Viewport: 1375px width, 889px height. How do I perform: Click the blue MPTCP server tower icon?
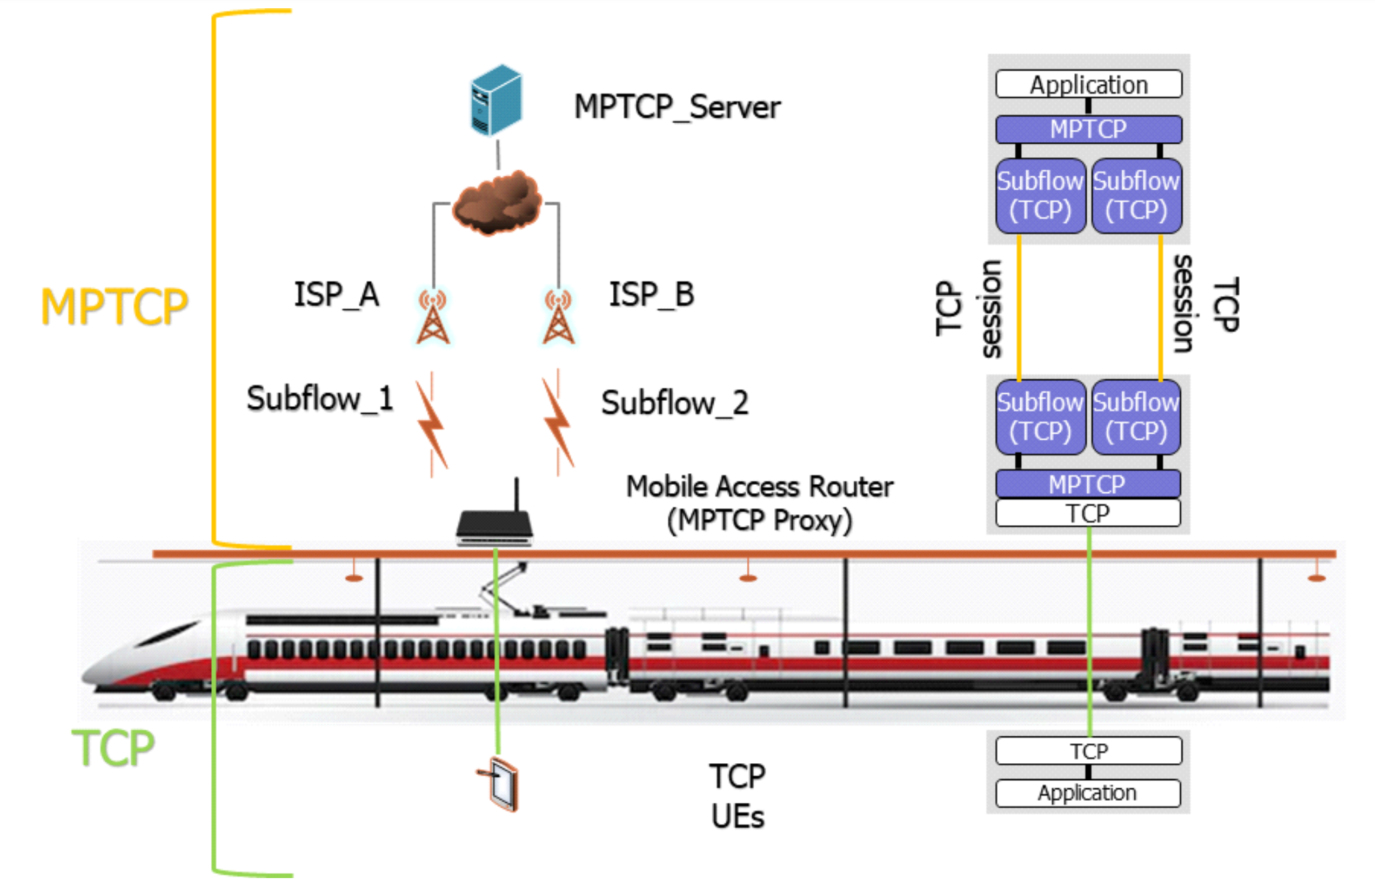[496, 100]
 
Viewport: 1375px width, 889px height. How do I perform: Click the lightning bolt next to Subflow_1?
[432, 424]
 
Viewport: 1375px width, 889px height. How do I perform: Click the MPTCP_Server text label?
[677, 107]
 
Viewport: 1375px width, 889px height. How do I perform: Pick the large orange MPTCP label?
[114, 306]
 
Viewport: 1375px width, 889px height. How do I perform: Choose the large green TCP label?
[113, 747]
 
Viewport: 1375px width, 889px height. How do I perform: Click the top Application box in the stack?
[1089, 85]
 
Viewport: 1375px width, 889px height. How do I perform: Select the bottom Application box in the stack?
[1088, 793]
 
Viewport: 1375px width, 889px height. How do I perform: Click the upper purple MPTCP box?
[1089, 129]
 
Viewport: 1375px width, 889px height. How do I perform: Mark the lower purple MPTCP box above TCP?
[1088, 484]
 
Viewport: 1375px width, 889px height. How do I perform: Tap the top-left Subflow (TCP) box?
[1040, 196]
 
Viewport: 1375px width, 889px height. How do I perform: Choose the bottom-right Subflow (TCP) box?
[1136, 417]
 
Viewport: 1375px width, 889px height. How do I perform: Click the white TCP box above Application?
[1089, 751]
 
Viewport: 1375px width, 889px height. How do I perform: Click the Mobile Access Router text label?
[759, 487]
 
